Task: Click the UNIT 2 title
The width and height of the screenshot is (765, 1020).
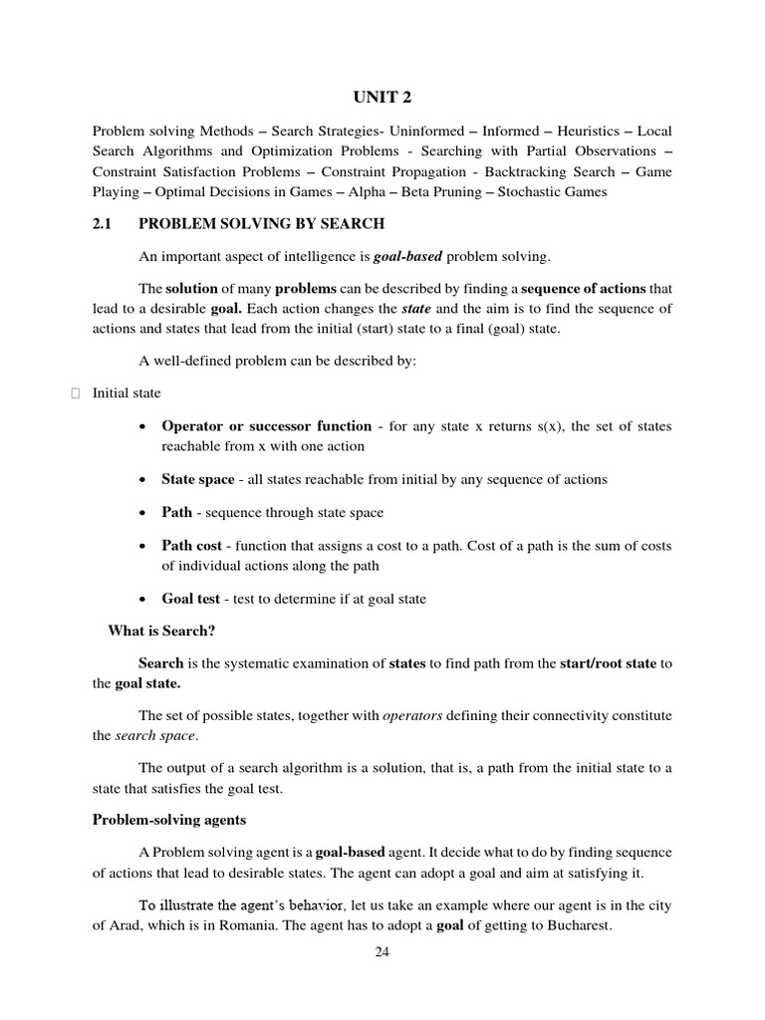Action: point(382,97)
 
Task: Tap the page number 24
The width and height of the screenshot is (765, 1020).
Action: point(382,951)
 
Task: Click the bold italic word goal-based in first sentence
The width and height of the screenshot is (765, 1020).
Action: point(407,257)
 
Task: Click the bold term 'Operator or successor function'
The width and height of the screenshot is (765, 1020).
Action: point(266,426)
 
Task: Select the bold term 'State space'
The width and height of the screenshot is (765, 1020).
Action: point(198,479)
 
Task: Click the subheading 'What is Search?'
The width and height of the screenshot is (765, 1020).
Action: point(161,632)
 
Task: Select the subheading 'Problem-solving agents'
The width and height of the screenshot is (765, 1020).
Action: point(169,820)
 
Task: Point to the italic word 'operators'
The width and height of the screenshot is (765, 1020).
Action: point(412,716)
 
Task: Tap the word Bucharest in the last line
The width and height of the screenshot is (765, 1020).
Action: point(572,925)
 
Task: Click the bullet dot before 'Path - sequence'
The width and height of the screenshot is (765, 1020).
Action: point(145,513)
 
